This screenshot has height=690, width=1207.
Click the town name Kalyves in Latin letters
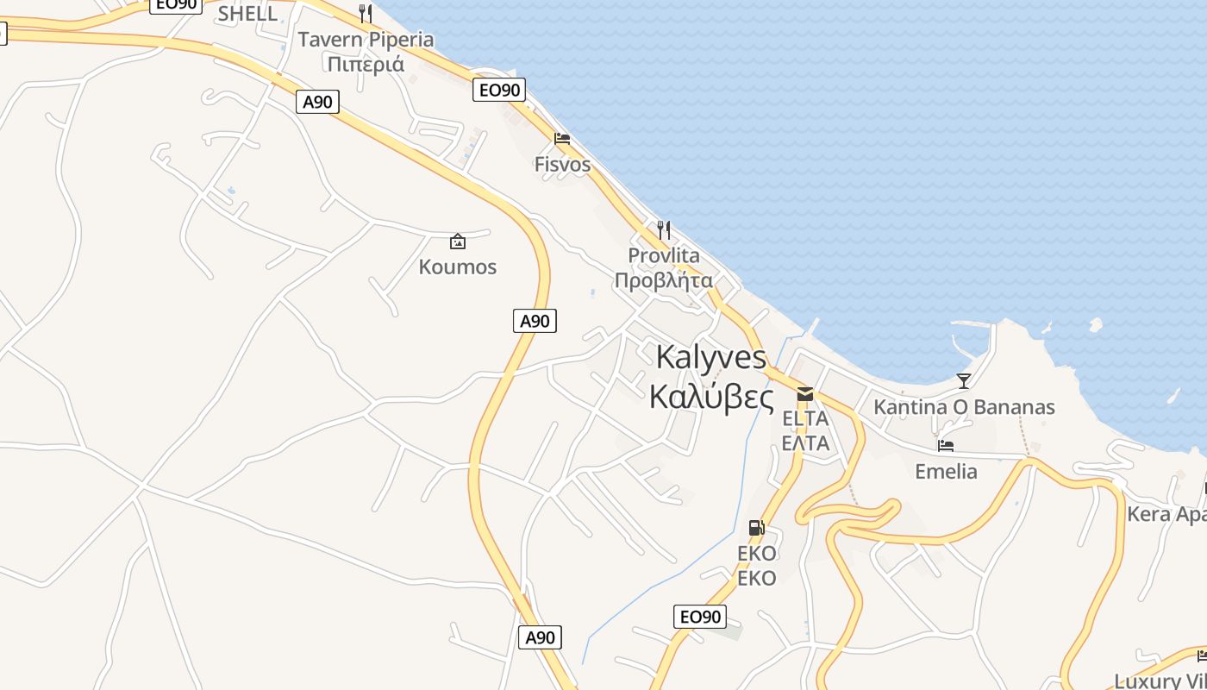click(710, 357)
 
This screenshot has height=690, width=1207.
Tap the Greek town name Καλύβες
click(710, 397)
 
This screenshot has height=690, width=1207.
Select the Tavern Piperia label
click(366, 40)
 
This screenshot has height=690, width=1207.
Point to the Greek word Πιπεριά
click(366, 64)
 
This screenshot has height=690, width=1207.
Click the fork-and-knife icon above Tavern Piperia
click(366, 14)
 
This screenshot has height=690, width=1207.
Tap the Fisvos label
click(562, 165)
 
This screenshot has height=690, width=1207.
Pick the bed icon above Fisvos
click(562, 139)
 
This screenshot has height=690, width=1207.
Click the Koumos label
click(458, 267)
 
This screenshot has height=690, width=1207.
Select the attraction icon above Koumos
click(458, 241)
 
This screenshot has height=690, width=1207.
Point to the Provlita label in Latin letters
click(664, 256)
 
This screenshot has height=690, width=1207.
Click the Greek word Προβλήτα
click(664, 280)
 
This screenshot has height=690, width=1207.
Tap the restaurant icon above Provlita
click(664, 230)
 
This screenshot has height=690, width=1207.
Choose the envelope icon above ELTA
click(805, 394)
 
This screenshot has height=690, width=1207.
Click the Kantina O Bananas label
click(964, 407)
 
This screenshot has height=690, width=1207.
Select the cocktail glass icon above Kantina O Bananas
click(964, 380)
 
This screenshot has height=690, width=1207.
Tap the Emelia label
click(946, 472)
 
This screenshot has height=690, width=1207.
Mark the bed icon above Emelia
click(946, 446)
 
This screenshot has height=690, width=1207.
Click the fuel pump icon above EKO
click(756, 528)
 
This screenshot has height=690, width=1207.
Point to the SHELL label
click(247, 14)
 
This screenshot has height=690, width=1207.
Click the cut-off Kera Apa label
click(1166, 515)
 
